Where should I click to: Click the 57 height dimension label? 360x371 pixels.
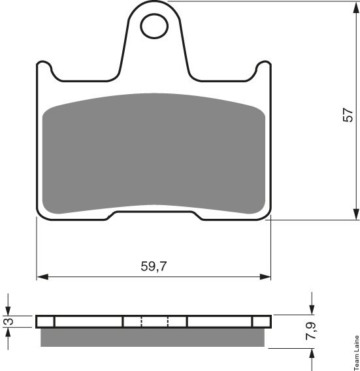[348, 115]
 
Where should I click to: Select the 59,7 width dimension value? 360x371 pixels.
[154, 266]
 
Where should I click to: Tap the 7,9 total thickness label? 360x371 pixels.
[310, 331]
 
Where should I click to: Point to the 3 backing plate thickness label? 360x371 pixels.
[9, 321]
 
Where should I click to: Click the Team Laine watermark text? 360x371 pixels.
[357, 353]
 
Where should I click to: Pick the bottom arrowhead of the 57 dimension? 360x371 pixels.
[355, 215]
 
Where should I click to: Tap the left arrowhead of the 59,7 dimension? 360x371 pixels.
[43, 276]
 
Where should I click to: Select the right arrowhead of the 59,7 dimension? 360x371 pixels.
[265, 276]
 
